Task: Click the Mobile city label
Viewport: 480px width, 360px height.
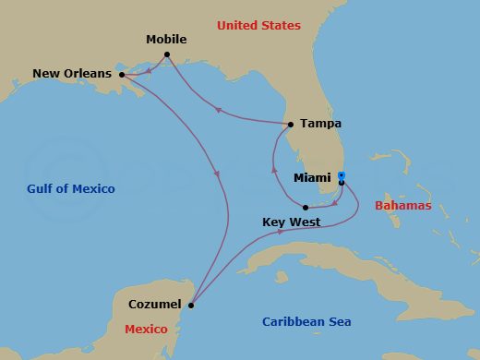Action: [x=166, y=40]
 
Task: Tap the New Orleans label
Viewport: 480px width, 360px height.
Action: [x=72, y=73]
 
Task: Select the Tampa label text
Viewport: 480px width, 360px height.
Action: [x=320, y=123]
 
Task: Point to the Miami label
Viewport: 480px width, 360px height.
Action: [x=312, y=177]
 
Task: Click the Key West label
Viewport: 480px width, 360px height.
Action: [x=292, y=222]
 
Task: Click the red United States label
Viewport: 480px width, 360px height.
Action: [x=258, y=26]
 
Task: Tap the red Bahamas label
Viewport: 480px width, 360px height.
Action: [x=402, y=206]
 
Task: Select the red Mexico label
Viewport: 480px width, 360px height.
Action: [x=147, y=330]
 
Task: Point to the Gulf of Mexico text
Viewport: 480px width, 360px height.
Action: [x=71, y=189]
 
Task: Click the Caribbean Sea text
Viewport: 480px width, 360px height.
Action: [x=306, y=322]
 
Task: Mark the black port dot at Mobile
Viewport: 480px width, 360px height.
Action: [x=167, y=54]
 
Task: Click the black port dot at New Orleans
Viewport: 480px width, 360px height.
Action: [x=122, y=75]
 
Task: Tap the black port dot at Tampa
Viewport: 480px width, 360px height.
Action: [x=291, y=124]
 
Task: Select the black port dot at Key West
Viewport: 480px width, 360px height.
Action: [x=306, y=208]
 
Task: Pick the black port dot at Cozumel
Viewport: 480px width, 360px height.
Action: [x=191, y=305]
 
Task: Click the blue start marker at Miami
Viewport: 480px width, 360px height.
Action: [x=341, y=175]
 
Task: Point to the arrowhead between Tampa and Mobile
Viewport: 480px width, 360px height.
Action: [x=218, y=109]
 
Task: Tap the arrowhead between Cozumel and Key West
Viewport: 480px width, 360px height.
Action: [x=280, y=233]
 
